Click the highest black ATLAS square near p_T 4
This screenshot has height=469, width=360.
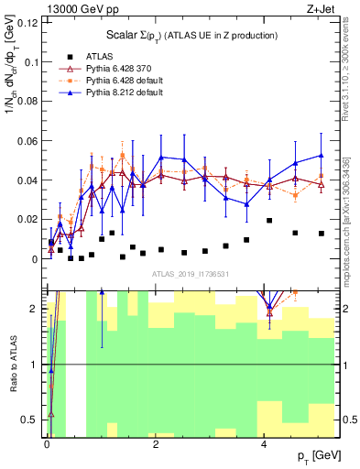(269, 221)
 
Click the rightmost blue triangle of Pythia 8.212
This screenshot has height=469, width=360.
(322, 155)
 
